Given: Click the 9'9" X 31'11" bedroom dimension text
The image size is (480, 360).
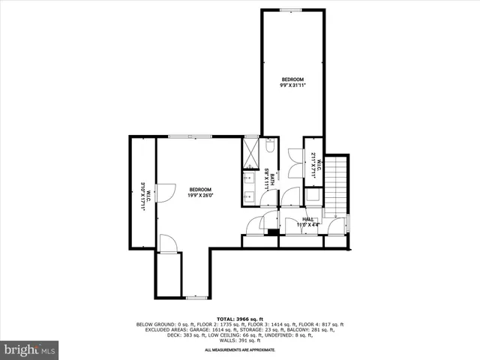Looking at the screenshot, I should pos(293,85).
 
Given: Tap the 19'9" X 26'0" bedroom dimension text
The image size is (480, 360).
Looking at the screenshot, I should pos(200,195).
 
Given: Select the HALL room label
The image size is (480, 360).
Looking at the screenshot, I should pos(307,218).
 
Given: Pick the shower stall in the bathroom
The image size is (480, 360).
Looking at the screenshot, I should pos(250,153).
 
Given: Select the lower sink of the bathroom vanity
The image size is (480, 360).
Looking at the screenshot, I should pos(250,197).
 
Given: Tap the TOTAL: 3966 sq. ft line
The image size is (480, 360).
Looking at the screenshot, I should pos(239,319).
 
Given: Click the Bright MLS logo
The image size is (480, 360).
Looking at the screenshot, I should pos(30,349).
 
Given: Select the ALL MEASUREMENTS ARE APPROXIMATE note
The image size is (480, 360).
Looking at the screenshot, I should pos(239,350).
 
